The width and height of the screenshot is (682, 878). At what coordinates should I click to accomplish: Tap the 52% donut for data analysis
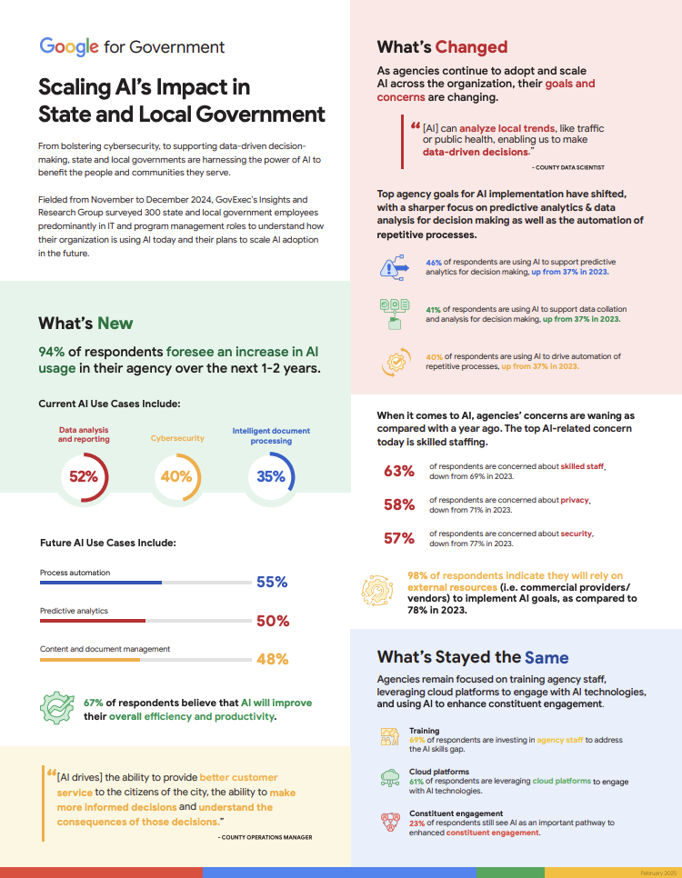[84, 475]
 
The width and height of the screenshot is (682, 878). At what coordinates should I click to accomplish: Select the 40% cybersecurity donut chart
[176, 475]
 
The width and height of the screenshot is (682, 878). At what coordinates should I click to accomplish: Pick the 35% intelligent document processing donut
[271, 475]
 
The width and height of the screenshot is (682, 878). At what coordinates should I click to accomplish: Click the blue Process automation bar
[101, 583]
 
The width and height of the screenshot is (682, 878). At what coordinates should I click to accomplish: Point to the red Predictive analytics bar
[93, 621]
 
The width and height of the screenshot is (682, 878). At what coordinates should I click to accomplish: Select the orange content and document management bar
[90, 659]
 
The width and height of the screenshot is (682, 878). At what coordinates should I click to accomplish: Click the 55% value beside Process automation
[272, 583]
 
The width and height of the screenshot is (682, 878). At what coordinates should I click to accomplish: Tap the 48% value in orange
[272, 660]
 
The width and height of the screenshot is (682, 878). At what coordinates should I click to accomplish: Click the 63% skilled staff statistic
[399, 471]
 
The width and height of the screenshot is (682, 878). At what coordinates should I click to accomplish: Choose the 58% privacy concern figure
[399, 504]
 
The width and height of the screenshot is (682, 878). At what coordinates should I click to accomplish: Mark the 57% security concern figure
[399, 538]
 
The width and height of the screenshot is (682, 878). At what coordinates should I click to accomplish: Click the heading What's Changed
[442, 47]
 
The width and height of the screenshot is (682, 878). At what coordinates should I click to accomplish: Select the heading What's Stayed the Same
[473, 657]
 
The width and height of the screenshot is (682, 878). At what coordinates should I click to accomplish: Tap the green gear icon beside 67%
[57, 708]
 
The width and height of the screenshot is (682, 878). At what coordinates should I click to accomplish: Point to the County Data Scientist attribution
[568, 168]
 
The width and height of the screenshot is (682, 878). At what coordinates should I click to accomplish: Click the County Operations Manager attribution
[266, 837]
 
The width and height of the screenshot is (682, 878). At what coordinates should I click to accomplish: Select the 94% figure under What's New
[52, 352]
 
